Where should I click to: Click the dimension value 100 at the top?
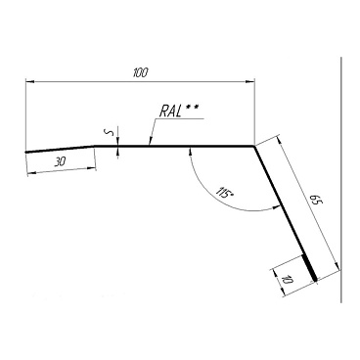coord(141,72)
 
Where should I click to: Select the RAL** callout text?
coord(179,112)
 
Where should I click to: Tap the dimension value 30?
coord(60,162)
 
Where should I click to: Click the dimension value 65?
coord(314,201)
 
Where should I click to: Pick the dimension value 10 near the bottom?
coord(287,280)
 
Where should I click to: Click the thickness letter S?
coord(111,132)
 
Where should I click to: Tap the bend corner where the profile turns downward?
coord(254,146)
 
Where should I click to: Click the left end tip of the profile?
coord(25,152)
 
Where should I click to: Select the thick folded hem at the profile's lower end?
coord(310,268)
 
